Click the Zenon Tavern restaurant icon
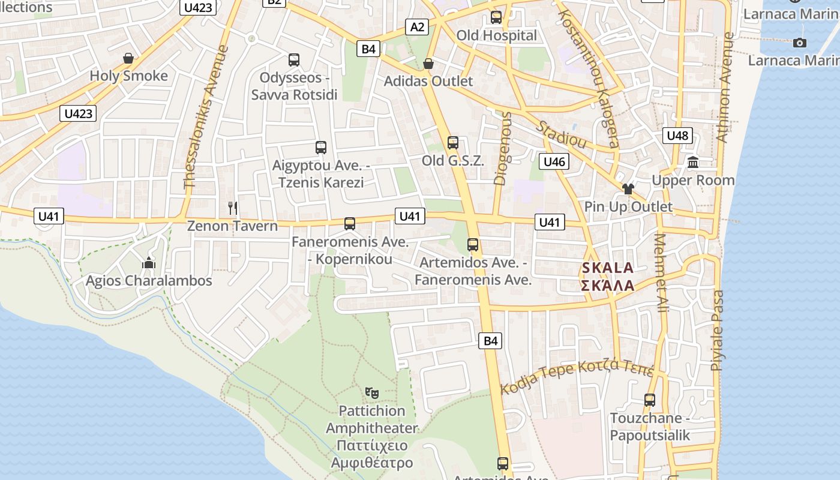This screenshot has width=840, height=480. [x=233, y=208]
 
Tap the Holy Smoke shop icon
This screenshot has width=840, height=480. [x=128, y=58]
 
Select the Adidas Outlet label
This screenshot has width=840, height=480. [x=428, y=81]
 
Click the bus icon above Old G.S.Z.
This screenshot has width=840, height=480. [x=453, y=143]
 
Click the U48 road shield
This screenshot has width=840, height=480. [x=677, y=136]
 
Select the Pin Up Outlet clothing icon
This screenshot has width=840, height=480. [x=628, y=189]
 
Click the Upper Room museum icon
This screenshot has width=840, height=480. [x=694, y=162]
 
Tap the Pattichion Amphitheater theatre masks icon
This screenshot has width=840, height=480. [x=372, y=393]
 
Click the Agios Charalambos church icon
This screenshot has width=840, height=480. [x=149, y=263]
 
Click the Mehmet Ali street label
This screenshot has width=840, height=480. [x=661, y=273]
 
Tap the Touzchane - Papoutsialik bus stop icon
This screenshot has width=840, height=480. [x=650, y=400]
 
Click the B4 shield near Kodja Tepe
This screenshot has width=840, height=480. [x=491, y=341]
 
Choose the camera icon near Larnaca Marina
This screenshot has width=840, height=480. [x=799, y=43]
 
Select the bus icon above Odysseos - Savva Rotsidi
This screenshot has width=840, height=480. [x=294, y=60]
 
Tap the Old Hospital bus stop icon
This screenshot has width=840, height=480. [x=496, y=17]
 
